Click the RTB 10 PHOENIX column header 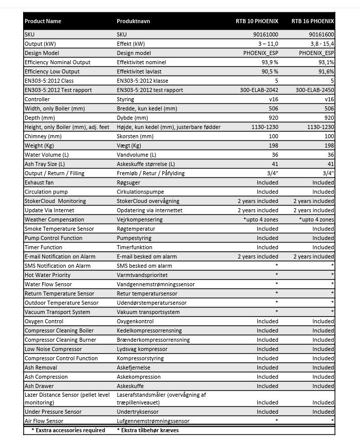point(257,22)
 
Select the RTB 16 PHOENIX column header point(313,22)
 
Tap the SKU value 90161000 point(266,34)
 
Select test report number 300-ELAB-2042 point(259,90)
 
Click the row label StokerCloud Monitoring point(55,201)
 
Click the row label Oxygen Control point(44,321)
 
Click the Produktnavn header point(134,22)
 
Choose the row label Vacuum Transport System point(58,312)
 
